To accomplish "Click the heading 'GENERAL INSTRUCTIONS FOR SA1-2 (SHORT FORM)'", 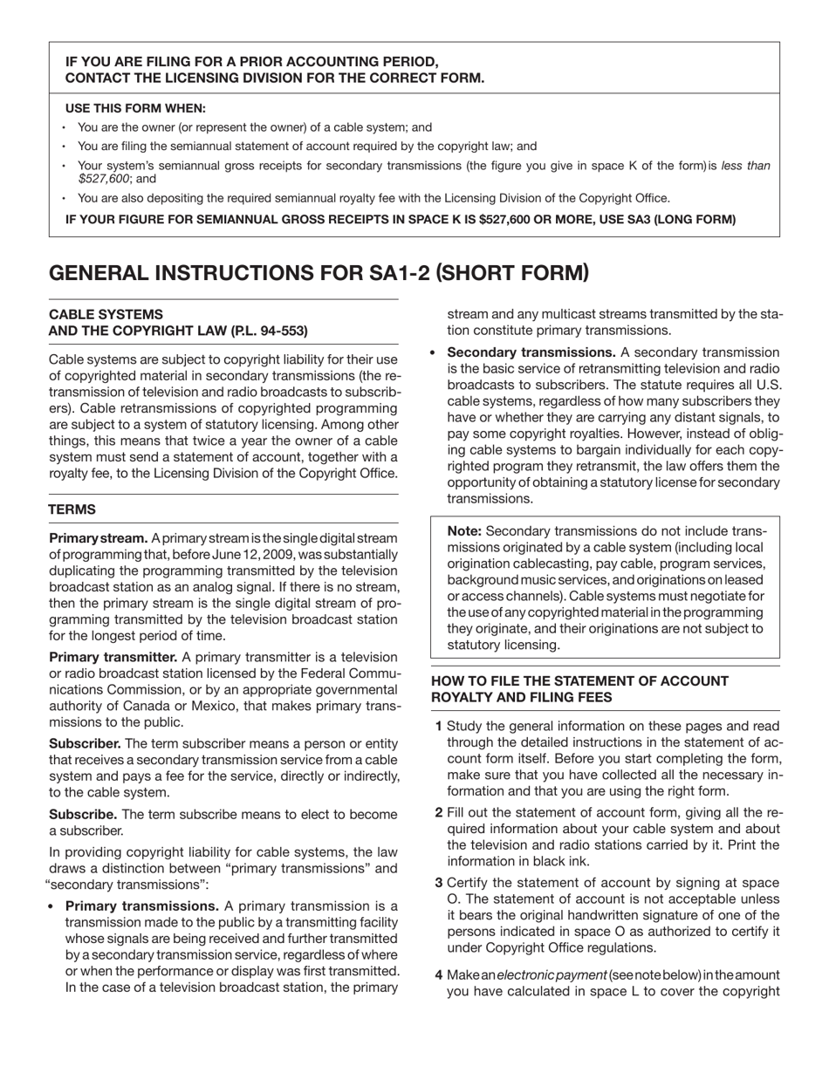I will pyautogui.click(x=319, y=273).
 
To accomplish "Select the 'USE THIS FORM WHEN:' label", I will pyautogui.click(x=135, y=109).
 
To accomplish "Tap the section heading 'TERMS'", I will pyautogui.click(x=72, y=509).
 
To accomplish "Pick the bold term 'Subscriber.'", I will pyautogui.click(x=85, y=743).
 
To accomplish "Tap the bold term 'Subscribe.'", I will pyautogui.click(x=84, y=814).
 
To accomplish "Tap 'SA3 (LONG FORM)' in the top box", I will pyautogui.click(x=681, y=219).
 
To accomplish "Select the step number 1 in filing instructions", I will pyautogui.click(x=439, y=726).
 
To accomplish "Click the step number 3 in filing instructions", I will pyautogui.click(x=439, y=883).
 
